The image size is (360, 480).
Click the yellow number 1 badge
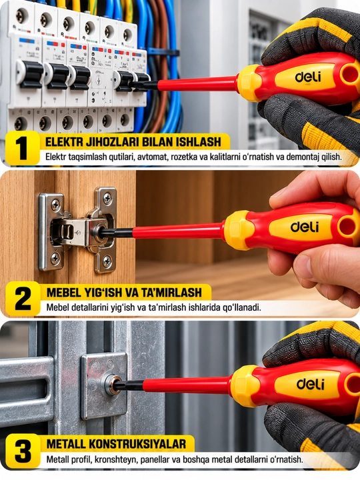(23, 148)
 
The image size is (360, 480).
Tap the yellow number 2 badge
(23, 299)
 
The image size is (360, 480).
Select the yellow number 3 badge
(23, 451)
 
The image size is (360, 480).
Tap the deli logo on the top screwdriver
(308, 77)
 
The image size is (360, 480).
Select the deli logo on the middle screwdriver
(304, 227)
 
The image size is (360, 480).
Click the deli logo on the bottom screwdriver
(310, 384)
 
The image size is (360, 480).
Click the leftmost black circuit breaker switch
(31, 74)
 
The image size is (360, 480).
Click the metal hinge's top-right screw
(107, 198)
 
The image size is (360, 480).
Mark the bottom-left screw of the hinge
(55, 259)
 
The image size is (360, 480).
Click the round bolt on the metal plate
(111, 385)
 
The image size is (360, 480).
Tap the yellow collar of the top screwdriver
(249, 83)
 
